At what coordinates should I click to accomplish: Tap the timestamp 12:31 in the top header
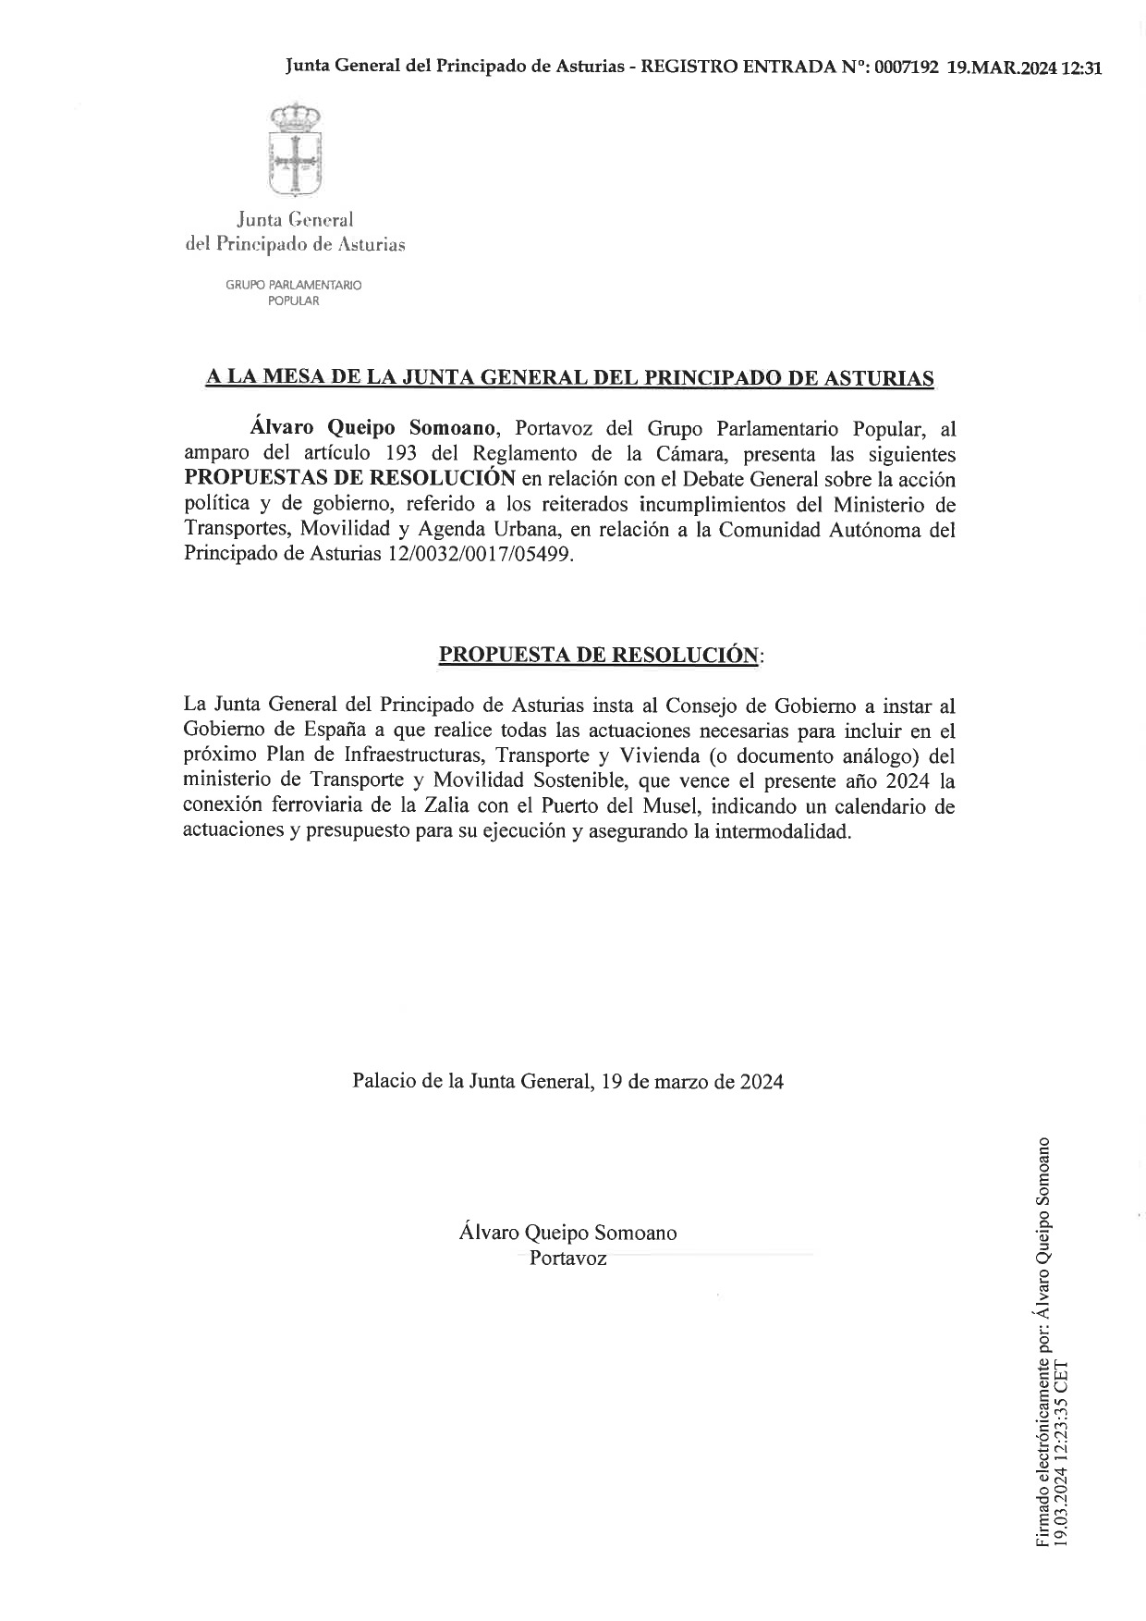pyautogui.click(x=1081, y=68)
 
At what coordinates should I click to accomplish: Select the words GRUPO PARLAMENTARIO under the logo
pyautogui.click(x=294, y=285)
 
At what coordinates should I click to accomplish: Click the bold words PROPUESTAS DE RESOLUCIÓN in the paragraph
pyautogui.click(x=349, y=479)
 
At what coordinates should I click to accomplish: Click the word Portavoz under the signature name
pyautogui.click(x=567, y=1258)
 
